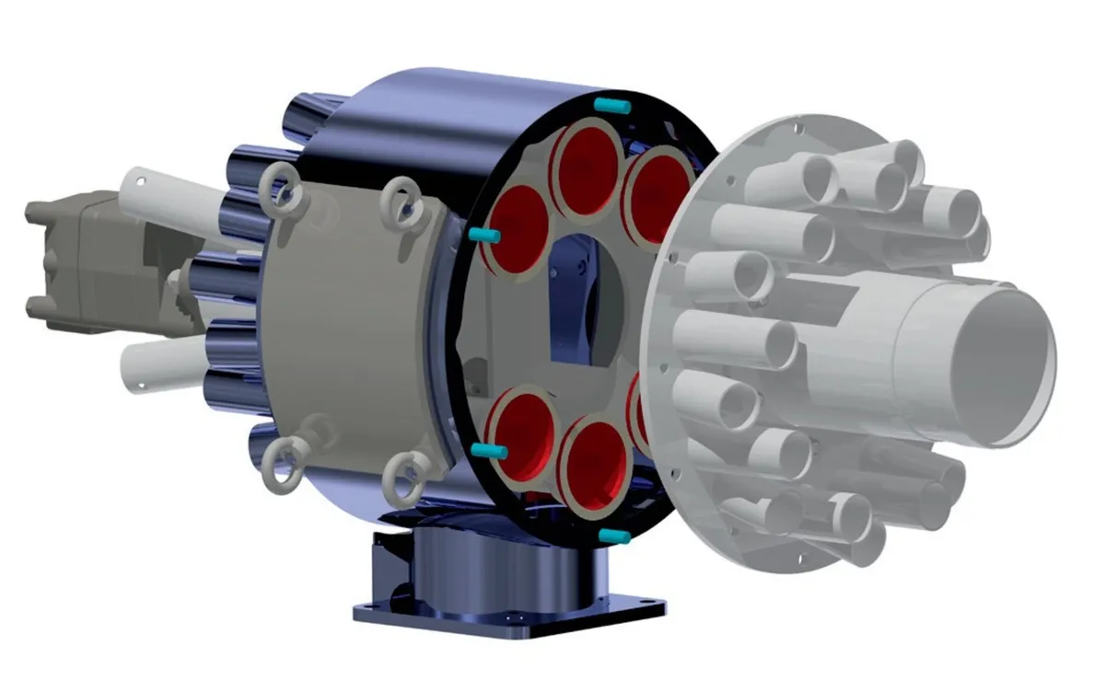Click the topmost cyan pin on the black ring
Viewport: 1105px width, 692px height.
tap(611, 106)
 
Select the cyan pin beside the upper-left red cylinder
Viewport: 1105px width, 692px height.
tap(483, 236)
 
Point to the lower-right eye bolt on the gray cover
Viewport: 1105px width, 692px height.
tap(401, 475)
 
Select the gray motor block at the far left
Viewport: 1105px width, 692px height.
tap(78, 253)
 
